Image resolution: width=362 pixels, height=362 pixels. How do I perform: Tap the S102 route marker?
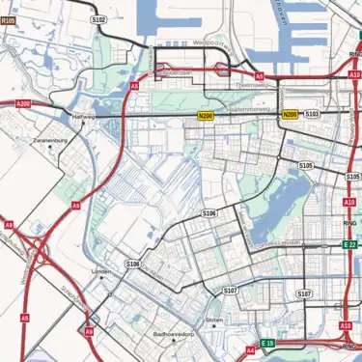point(97,18)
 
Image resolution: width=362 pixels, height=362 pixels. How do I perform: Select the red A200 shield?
point(23,103)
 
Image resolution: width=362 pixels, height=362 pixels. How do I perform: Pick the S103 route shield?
point(312,114)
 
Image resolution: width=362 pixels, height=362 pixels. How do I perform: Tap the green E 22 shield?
point(349,245)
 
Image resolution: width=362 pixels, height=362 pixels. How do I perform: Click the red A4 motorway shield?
point(250,350)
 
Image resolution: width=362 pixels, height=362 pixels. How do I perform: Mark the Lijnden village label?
point(100,273)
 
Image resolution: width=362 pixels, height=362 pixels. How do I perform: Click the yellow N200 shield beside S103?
point(290,115)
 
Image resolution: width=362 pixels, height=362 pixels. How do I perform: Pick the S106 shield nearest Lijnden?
point(132,263)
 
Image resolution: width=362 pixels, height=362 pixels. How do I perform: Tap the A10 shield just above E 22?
point(348,201)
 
